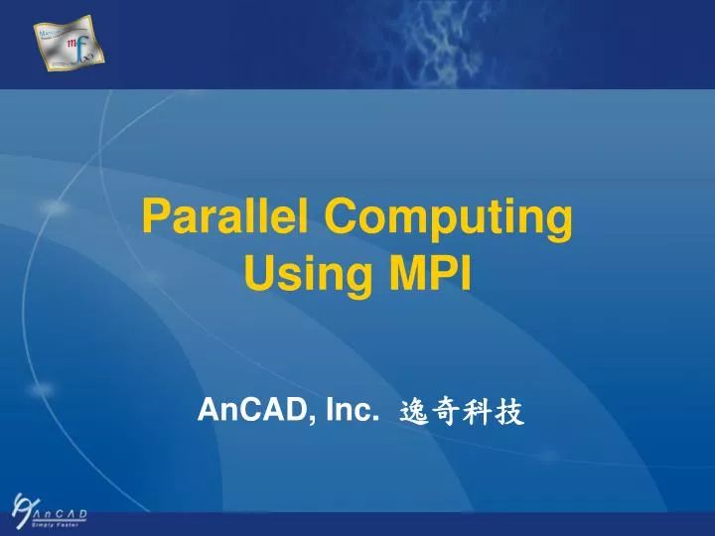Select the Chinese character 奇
coord(447,412)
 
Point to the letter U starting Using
coord(257,271)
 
